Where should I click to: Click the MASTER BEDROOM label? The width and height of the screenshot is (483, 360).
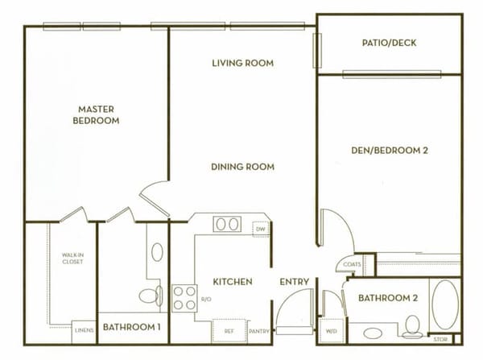[x=98, y=114]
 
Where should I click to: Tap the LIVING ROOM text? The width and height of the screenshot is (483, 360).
[x=242, y=63]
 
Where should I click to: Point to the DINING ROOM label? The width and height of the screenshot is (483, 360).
[x=242, y=167]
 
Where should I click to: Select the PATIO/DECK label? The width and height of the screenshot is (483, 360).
[x=389, y=43]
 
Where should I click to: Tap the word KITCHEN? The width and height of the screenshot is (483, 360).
[x=233, y=282]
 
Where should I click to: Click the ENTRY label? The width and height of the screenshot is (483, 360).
[x=295, y=282]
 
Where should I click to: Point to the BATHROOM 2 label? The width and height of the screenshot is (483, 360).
[x=388, y=299]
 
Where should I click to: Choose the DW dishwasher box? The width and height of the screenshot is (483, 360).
[x=260, y=229]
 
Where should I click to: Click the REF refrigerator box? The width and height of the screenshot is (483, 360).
[x=229, y=330]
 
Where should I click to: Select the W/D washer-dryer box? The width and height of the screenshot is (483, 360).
[x=332, y=330]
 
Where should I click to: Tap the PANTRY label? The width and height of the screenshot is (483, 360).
[x=258, y=330]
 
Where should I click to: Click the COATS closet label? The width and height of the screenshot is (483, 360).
[x=351, y=264]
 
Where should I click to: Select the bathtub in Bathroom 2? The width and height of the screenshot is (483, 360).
[x=445, y=304]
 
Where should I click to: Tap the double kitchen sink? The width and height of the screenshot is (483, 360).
[x=227, y=224]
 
